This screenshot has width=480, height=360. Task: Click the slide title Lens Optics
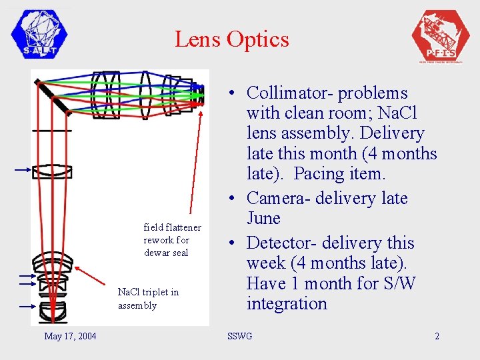[x=231, y=39]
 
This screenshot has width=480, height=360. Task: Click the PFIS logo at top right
[x=441, y=35]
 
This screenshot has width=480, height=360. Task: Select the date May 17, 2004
[x=70, y=336]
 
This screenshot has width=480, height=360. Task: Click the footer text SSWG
[x=240, y=336]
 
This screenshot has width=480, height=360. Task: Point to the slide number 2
[x=437, y=336]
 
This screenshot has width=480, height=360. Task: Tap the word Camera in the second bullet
[x=283, y=198]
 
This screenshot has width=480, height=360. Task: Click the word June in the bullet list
[x=263, y=219]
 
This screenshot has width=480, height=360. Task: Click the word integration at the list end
[x=287, y=304]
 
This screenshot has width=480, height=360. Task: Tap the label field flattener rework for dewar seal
[x=171, y=240]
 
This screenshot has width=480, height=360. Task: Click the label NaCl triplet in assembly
[x=148, y=299]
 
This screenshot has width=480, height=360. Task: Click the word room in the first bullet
[x=361, y=113]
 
